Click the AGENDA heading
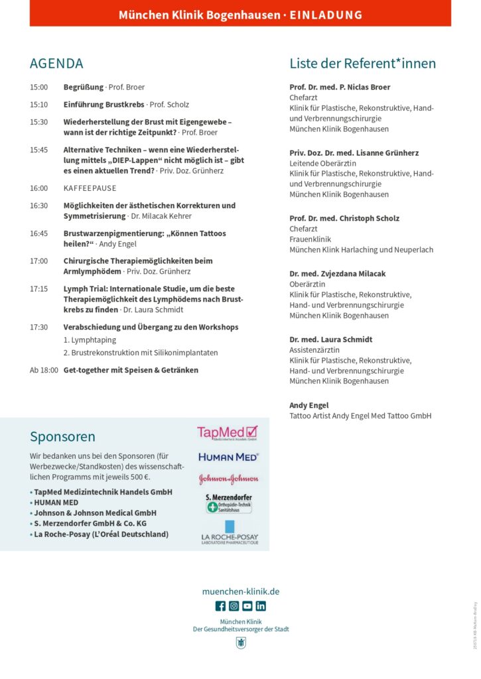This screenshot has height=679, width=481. coord(56,64)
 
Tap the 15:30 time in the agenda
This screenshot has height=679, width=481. coord(38,122)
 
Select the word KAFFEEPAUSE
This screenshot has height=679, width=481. coord(90,188)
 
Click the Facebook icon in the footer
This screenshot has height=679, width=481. coord(220,605)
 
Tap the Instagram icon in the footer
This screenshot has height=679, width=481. coord(234,605)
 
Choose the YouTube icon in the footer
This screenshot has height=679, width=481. coord(247,605)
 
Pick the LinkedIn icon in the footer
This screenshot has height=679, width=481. coord(261,605)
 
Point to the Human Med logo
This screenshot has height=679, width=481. coord(228,457)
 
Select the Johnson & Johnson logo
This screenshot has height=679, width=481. coord(228,479)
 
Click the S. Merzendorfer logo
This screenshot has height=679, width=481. coord(229,503)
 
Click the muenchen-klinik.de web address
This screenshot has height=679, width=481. coord(240,591)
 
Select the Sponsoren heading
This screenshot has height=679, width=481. coord(62,436)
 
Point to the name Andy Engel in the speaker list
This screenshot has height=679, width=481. coord(309,405)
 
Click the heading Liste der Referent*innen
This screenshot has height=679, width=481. coord(362,64)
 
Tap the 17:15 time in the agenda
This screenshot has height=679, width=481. coord(38,289)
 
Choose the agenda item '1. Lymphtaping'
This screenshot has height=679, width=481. coord(90,340)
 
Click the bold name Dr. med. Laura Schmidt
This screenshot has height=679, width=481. coord(330,339)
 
